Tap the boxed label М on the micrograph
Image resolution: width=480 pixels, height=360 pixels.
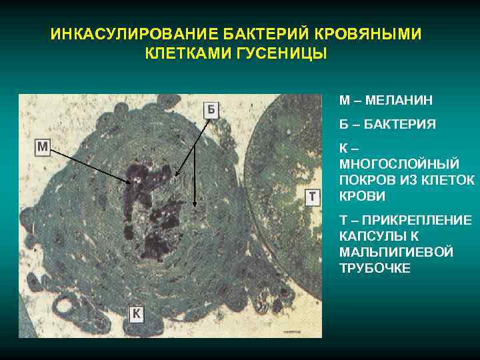tap(43, 147)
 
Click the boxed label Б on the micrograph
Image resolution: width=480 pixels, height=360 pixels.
tap(211, 109)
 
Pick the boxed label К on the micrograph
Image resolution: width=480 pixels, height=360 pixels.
tap(137, 313)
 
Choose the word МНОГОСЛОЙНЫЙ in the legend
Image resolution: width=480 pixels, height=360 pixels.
tap(389, 165)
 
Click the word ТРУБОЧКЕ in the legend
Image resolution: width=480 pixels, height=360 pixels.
tap(375, 269)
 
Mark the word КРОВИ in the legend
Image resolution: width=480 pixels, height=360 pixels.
tap(362, 197)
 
